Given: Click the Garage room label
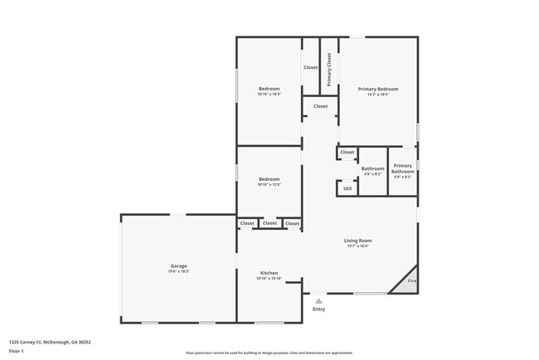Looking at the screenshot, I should [x=179, y=265].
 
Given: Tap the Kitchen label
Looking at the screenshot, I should [x=269, y=273].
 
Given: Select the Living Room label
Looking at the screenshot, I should [x=358, y=241].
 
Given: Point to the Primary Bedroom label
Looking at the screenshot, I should [x=378, y=89].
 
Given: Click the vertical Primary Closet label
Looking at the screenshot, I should [x=329, y=70].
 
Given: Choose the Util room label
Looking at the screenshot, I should [x=347, y=188].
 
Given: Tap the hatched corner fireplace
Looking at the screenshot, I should [x=406, y=282].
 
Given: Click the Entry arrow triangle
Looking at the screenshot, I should [x=318, y=300].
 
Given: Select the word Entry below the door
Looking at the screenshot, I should [x=318, y=309].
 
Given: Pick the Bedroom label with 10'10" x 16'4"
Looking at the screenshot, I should [x=269, y=89].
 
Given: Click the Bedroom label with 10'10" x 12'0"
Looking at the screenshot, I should [x=269, y=179].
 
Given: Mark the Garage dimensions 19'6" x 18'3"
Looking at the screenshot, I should [x=179, y=271].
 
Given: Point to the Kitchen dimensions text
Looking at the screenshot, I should [x=269, y=279].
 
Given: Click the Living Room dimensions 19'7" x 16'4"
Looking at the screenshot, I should [x=358, y=246].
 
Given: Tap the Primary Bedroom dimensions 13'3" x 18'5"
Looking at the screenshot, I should [x=378, y=95].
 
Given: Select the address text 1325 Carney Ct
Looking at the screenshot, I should [x=50, y=341].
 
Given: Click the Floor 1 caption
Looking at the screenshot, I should [x=17, y=351].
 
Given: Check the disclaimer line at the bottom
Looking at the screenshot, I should [x=269, y=353].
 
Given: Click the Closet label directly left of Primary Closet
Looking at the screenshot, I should [x=310, y=67].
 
